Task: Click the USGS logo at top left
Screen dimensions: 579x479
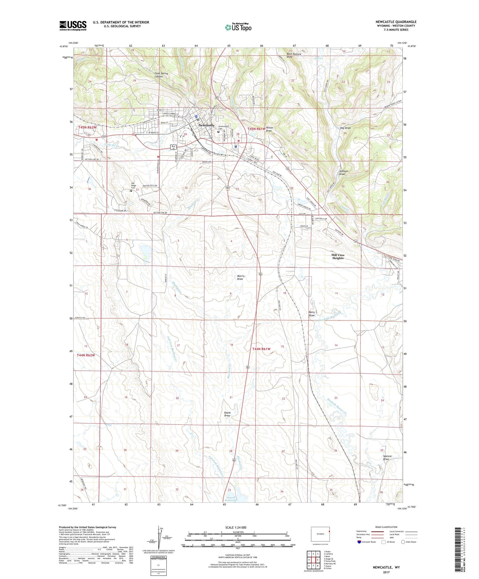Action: click(73, 26)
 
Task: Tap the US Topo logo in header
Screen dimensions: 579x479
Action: click(238, 27)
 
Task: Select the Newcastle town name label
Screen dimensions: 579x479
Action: click(206, 125)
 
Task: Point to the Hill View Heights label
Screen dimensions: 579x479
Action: click(338, 257)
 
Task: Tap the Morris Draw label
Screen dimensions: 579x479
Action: click(240, 277)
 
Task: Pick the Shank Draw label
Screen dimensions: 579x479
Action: click(227, 414)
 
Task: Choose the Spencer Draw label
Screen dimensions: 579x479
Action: click(388, 458)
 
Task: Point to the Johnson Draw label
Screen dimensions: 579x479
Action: click(343, 172)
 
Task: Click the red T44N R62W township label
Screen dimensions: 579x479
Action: click(86, 355)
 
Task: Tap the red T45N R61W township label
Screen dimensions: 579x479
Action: click(256, 129)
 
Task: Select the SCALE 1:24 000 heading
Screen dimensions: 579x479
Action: click(236, 527)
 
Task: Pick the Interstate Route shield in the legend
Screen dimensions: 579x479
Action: click(360, 542)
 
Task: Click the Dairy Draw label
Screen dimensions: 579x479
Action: click(312, 314)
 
